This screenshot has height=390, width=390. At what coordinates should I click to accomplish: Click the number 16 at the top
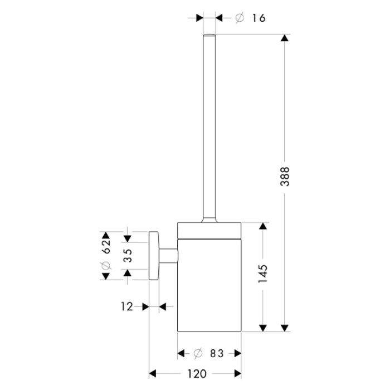257,18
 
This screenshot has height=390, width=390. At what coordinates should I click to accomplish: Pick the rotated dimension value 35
128,255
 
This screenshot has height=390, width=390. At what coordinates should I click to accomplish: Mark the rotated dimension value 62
106,246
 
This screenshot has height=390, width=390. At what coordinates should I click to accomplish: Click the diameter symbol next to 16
239,18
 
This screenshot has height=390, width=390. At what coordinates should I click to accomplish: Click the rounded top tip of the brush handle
209,36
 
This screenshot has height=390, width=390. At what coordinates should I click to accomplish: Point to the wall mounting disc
154,256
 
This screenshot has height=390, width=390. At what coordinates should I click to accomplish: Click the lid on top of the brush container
209,228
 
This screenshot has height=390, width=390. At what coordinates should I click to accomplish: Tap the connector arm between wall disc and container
169,256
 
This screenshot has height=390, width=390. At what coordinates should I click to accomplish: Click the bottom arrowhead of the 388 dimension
285,327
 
